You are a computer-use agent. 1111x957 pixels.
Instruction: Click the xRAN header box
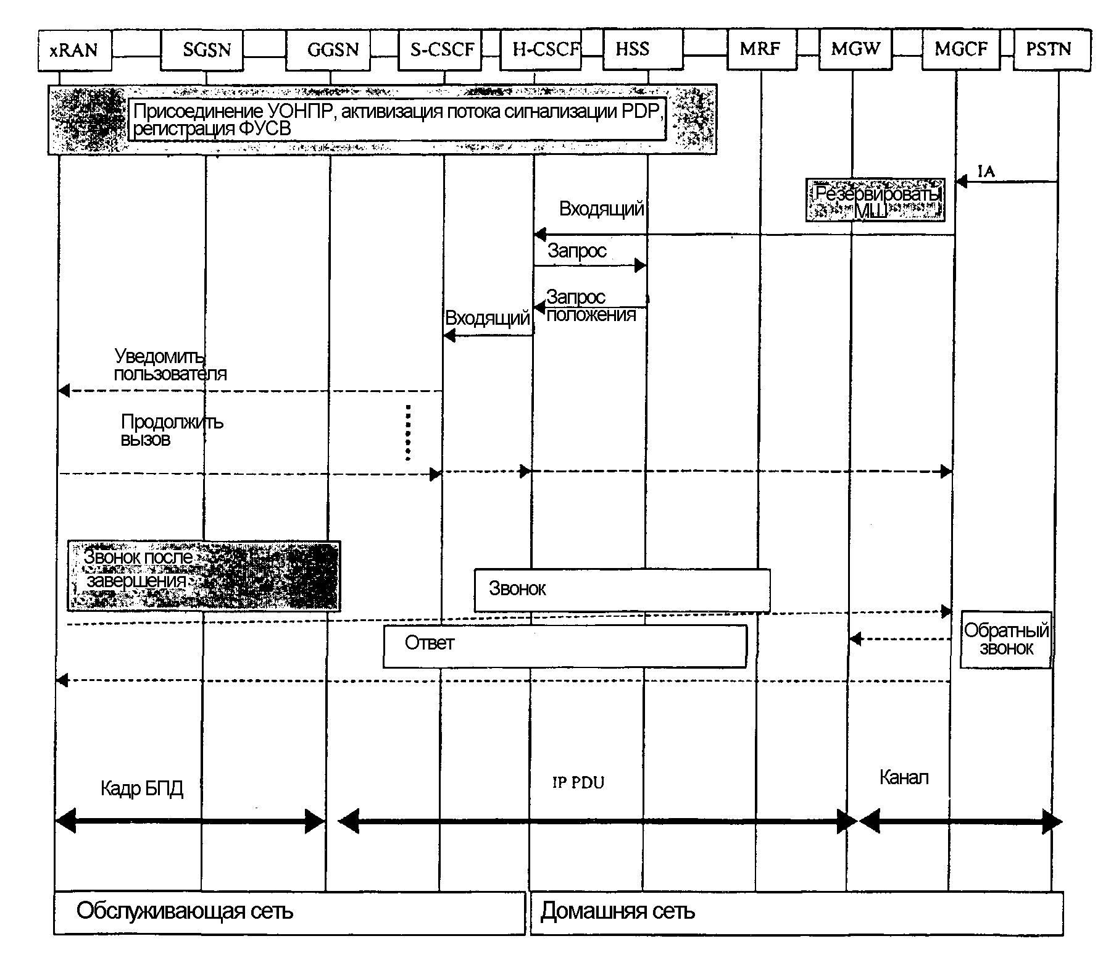74,49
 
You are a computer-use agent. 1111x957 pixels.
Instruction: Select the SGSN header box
202,49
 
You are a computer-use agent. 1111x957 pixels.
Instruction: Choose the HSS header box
642,49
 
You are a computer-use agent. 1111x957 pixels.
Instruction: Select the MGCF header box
960,49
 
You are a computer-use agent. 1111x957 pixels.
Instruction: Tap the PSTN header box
1051,49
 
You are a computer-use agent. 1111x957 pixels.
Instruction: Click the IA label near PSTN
986,171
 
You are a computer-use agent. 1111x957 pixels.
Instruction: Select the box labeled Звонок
622,590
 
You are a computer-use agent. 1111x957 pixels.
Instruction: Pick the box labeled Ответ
565,645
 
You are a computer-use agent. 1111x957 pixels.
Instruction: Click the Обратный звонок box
1006,640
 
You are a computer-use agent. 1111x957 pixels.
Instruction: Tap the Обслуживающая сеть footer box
289,913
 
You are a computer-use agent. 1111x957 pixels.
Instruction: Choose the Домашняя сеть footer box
796,913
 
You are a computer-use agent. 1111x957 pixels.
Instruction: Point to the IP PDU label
578,783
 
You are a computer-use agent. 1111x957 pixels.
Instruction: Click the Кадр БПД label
142,788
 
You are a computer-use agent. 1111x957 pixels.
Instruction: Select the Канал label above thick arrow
904,777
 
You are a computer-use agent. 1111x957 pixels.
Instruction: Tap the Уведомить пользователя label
170,365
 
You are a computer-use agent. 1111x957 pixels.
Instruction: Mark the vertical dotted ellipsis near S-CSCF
408,432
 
